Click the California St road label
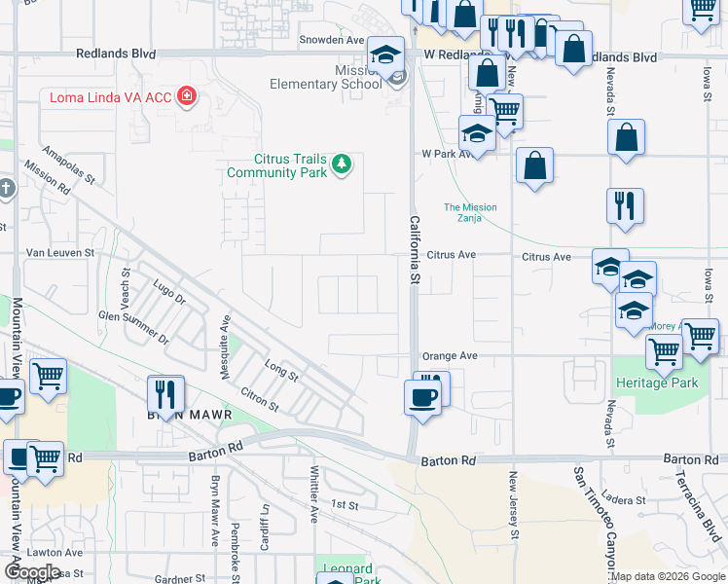click(x=413, y=250)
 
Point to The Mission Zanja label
click(x=470, y=212)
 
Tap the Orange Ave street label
click(x=449, y=356)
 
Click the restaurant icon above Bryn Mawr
click(x=165, y=393)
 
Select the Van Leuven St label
click(x=59, y=252)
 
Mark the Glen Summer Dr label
click(x=133, y=328)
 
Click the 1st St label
click(x=345, y=505)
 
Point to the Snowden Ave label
click(x=331, y=40)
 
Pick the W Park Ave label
click(x=446, y=154)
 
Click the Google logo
click(x=31, y=572)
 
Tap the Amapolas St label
click(x=68, y=165)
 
